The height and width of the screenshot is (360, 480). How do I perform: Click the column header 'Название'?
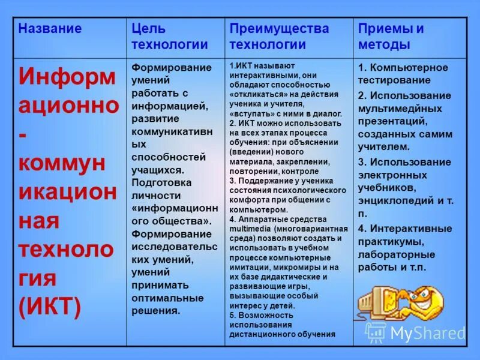(50, 29)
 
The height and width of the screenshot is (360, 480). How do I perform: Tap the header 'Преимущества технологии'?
(280, 37)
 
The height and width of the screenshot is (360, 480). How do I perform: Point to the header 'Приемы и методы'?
(391, 37)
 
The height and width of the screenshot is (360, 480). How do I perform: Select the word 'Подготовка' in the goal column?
(161, 182)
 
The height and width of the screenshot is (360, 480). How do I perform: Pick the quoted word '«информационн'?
(175, 208)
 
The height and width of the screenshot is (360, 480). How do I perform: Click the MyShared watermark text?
(427, 333)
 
